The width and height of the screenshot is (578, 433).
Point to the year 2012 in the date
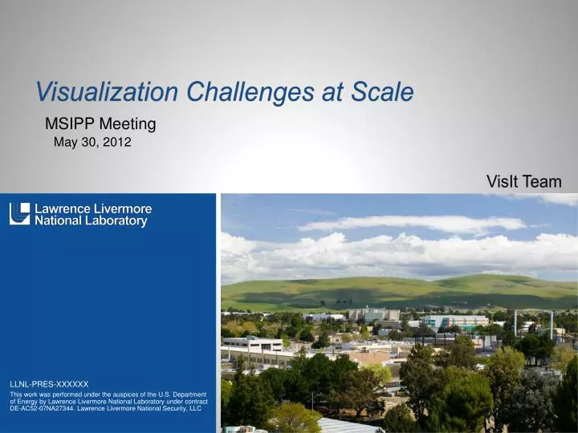pyautogui.click(x=116, y=143)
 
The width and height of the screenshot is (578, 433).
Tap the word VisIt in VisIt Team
pyautogui.click(x=503, y=183)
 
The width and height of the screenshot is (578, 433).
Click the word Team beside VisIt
pyautogui.click(x=543, y=183)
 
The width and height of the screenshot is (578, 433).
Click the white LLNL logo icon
pyautogui.click(x=20, y=214)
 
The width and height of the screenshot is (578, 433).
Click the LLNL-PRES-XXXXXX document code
pyautogui.click(x=49, y=385)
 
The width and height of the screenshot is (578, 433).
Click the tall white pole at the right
pyautogui.click(x=551, y=326)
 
